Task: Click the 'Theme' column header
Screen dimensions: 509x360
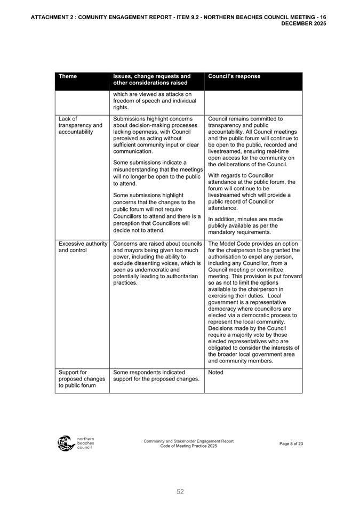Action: coord(68,76)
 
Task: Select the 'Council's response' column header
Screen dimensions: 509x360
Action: coord(234,76)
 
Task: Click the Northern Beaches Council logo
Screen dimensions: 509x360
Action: coord(75,443)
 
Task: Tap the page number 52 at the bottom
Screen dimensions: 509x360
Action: coord(180,491)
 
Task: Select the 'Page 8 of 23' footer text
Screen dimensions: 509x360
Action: coord(291,443)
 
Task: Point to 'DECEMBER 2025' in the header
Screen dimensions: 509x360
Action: coord(303,23)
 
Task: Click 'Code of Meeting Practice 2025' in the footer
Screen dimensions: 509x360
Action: coord(188,446)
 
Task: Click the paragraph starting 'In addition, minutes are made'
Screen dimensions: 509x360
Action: coord(245,225)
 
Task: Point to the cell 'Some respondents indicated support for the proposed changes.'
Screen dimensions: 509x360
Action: coord(156,376)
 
